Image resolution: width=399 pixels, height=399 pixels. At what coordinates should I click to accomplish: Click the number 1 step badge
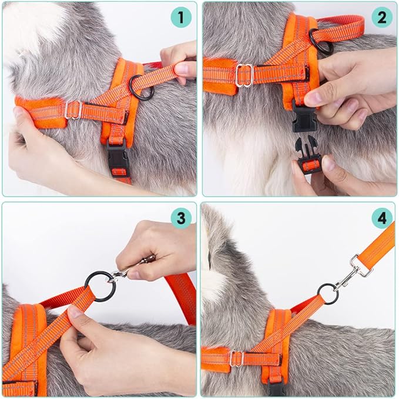click(x=181, y=17)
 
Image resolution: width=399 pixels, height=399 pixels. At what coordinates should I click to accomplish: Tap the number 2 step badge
click(x=382, y=17)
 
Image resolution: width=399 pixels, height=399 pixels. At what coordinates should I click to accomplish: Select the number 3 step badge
click(x=181, y=218)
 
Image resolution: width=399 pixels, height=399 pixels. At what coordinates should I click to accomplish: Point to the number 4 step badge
click(x=382, y=218)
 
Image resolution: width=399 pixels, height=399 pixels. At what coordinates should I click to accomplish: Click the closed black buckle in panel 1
click(x=117, y=158)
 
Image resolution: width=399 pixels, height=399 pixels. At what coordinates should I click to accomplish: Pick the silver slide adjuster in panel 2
click(x=244, y=75)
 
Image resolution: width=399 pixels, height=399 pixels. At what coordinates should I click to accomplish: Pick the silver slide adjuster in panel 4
click(x=237, y=358)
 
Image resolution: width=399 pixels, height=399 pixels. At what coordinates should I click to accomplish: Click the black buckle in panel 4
click(x=277, y=389)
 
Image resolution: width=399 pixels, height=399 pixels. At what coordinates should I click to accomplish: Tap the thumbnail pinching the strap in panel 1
click(x=181, y=68)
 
